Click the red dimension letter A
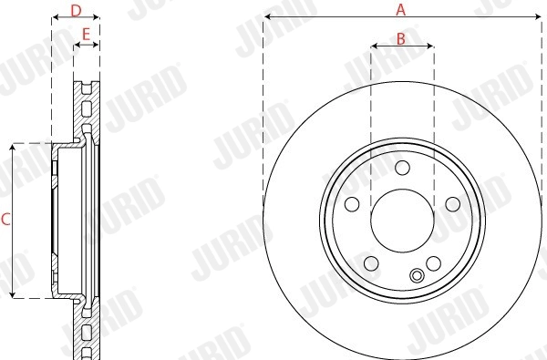pos(399,10)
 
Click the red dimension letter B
pos(401,37)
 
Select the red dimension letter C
pos(5,220)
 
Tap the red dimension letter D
pos(76,10)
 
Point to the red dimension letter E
pos(86,35)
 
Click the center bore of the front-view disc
pos(402,219)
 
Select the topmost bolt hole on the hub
pos(402,167)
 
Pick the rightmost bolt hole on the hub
pos(452,203)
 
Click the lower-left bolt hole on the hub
pos(371,263)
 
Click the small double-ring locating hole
pos(418,277)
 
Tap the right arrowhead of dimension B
pos(431,46)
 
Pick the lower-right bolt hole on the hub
pos(433,263)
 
